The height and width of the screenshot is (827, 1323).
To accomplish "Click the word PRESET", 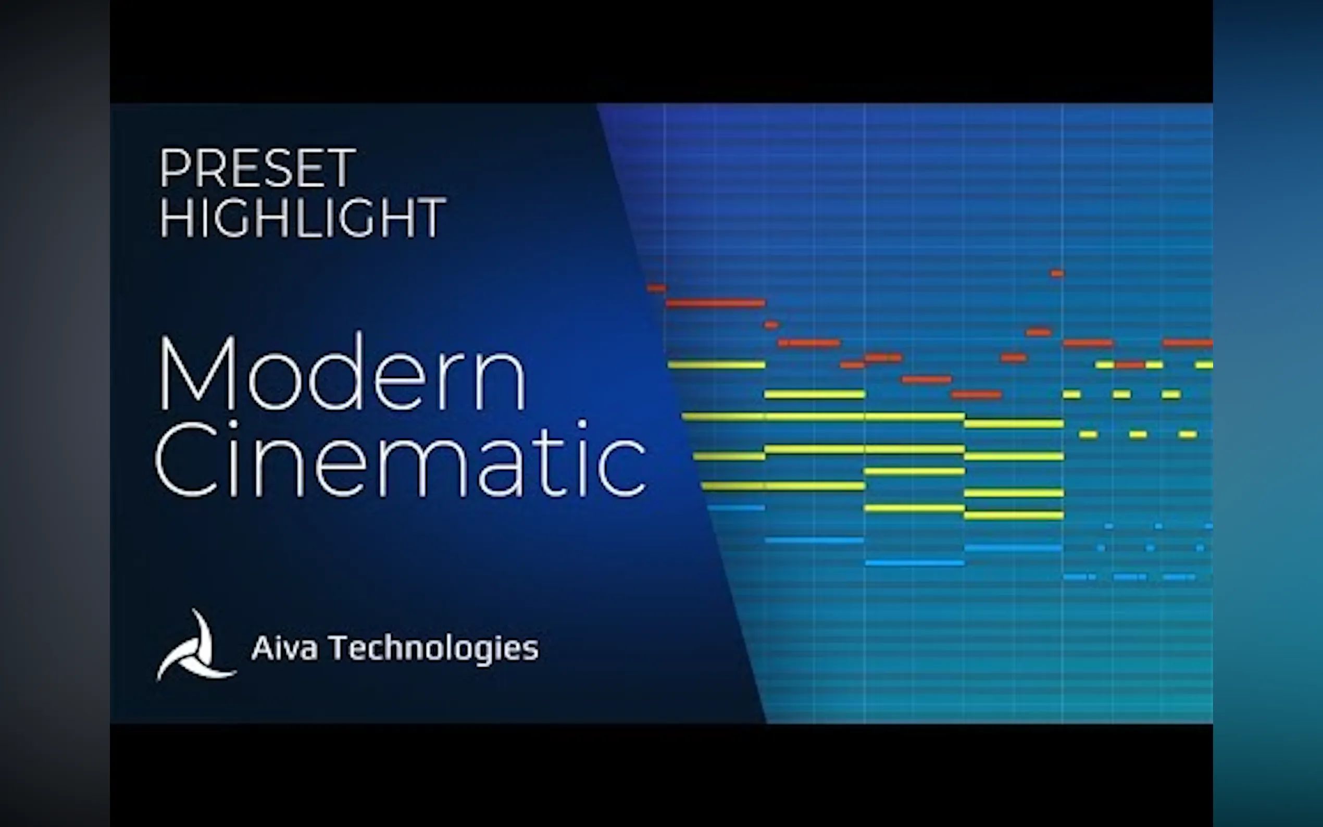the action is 258,168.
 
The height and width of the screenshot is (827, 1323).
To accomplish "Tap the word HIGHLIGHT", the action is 303,217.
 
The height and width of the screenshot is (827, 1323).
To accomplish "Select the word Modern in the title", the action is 342,372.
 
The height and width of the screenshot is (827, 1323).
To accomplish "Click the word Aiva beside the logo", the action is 284,648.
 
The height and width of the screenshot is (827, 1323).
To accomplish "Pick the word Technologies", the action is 434,649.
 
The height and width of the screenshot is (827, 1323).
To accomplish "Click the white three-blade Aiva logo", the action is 196,645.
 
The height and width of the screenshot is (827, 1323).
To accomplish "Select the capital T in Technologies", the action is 340,648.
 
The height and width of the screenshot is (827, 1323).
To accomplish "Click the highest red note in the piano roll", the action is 1057,273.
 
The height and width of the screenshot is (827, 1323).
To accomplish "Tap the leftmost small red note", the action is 656,287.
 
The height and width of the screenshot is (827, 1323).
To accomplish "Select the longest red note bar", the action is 715,303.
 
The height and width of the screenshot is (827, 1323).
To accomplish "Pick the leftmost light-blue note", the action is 735,508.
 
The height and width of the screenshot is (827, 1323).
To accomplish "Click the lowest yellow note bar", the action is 1014,515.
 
